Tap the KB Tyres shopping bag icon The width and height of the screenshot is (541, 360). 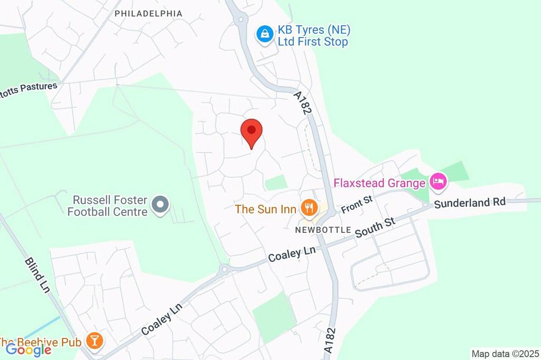point(264,35)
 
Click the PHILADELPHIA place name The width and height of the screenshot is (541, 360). point(148,13)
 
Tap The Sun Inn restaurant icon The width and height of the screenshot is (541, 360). point(308,209)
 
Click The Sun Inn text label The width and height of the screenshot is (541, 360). point(265,209)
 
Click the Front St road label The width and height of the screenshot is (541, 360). point(357,204)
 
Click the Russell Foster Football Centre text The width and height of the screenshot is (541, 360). point(110,206)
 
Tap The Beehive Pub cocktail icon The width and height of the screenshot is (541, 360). point(95,340)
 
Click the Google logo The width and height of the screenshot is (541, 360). point(29,349)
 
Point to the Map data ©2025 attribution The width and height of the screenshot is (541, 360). point(505,354)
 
